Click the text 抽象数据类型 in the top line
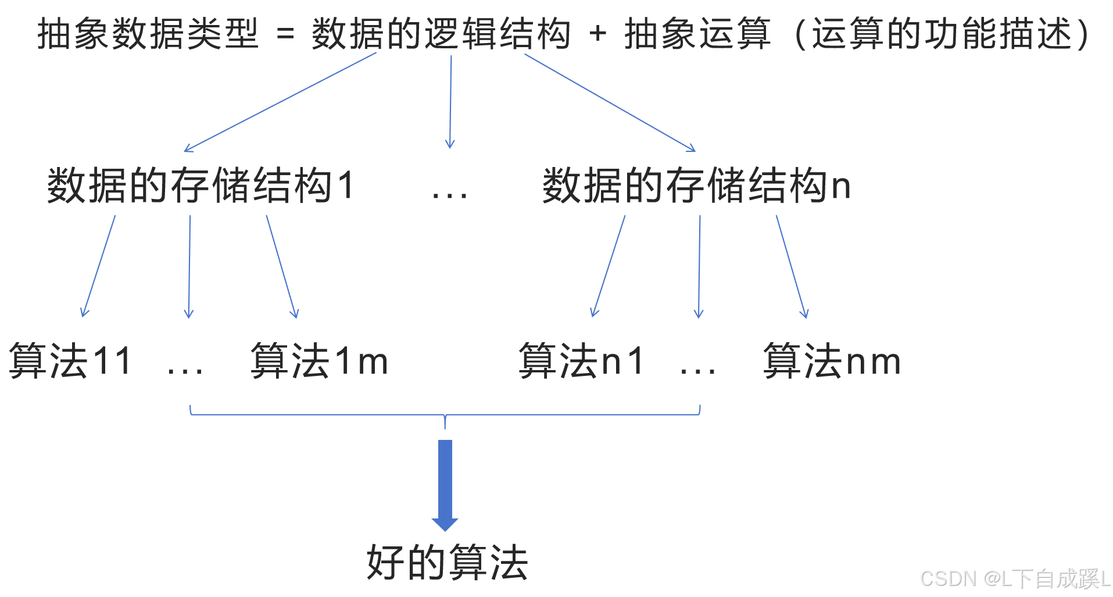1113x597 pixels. pos(147,34)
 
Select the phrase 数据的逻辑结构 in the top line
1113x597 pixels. pos(441,34)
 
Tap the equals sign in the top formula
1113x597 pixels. pos(285,34)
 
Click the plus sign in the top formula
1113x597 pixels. pos(597,34)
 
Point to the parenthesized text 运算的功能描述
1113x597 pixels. pos(942,34)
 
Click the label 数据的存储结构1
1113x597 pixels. pos(200,186)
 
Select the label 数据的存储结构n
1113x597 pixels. pos(696,186)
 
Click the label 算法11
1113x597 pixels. pos(70,361)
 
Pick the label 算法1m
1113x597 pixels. pos(319,361)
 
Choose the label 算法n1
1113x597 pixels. pos(581,361)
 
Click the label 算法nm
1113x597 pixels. pos(832,361)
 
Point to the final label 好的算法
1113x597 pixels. pos(447,563)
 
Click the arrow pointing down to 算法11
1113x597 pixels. pos(98,266)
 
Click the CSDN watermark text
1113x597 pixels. pos(1014,578)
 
